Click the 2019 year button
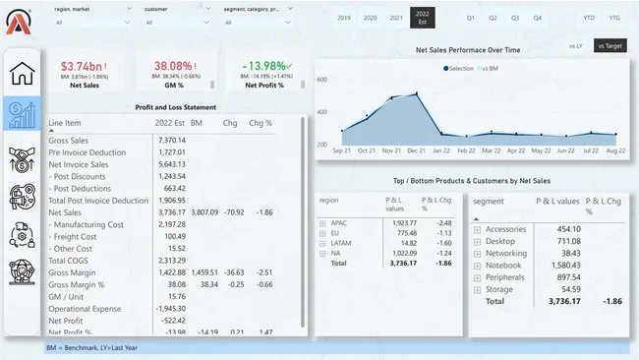point(343,18)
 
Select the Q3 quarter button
point(515,18)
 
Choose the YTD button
point(588,18)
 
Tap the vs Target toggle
point(609,45)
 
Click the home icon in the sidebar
point(22,73)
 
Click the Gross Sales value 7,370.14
point(171,141)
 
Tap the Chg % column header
point(261,124)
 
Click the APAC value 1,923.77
point(399,223)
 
